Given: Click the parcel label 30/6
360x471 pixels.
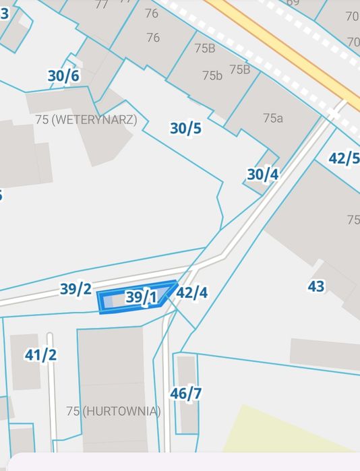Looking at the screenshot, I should (x=63, y=76).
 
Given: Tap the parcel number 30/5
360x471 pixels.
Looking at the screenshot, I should (x=185, y=128).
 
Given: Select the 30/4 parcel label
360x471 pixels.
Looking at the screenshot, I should (x=262, y=175).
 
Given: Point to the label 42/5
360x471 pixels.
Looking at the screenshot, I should (x=343, y=158).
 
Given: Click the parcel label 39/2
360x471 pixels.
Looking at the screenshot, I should (x=76, y=289).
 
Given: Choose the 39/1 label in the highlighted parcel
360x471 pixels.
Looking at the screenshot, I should (x=142, y=296).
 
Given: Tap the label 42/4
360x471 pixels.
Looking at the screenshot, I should (x=191, y=293).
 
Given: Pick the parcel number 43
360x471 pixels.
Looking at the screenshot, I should (x=316, y=286).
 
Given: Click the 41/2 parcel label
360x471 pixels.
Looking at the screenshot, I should (x=40, y=354).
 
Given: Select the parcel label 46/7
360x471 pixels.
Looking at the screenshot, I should (x=185, y=394).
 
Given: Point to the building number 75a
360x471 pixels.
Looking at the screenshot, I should (x=272, y=118).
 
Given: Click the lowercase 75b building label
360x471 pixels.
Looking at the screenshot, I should (x=212, y=75).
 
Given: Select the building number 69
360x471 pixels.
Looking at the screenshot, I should (x=293, y=3).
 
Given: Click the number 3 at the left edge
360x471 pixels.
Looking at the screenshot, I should (x=4, y=13).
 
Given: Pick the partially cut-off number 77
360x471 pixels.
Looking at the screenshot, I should (x=102, y=4).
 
